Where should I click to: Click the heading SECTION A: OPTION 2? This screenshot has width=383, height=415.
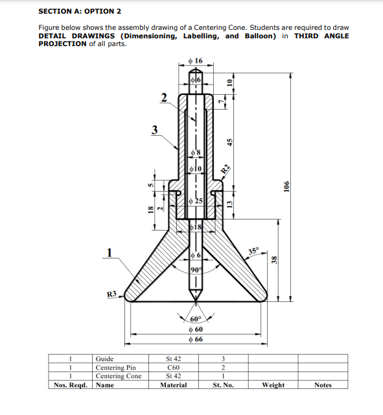point(80,11)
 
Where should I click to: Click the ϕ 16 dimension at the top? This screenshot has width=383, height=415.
point(194,60)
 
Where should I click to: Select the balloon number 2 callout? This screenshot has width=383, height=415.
point(165,97)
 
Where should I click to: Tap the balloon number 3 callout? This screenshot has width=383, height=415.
point(154,129)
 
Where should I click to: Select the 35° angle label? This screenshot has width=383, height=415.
point(253,251)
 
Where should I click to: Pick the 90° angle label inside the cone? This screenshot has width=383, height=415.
point(196,269)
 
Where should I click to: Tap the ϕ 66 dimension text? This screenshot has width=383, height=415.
point(195,339)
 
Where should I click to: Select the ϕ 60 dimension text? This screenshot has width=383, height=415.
point(195,329)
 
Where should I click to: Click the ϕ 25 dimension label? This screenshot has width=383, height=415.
point(196,200)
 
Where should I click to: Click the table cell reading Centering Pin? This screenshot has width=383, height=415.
point(115,368)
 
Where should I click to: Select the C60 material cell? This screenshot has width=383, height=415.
point(173,368)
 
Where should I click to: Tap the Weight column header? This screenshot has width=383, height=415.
point(272,385)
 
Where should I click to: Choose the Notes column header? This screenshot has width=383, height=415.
point(322,385)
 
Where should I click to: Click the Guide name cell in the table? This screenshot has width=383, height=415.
point(105,358)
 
